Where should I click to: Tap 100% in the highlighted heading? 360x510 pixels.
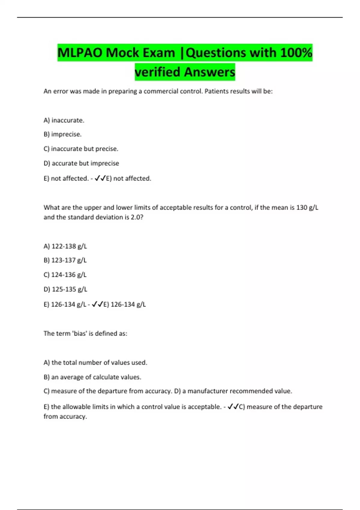click(x=296, y=53)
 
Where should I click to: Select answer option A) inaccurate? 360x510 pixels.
click(x=64, y=120)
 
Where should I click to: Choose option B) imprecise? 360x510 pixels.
click(x=62, y=134)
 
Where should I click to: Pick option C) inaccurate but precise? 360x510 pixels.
click(x=81, y=149)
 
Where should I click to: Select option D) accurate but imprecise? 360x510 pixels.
click(x=81, y=163)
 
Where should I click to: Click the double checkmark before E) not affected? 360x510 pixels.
click(x=100, y=178)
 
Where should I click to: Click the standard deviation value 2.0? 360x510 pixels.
click(x=137, y=217)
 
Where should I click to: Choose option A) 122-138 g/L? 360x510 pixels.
click(x=65, y=246)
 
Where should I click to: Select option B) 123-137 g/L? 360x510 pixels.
click(x=65, y=260)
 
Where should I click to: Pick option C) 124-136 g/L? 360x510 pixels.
click(x=65, y=275)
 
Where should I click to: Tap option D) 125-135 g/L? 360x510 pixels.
click(x=65, y=289)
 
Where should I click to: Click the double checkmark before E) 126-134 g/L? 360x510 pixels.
click(x=97, y=304)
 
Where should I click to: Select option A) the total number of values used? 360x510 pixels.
click(x=95, y=362)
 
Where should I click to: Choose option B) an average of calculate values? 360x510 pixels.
click(x=92, y=377)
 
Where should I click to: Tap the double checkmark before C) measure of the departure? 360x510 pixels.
click(x=233, y=407)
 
